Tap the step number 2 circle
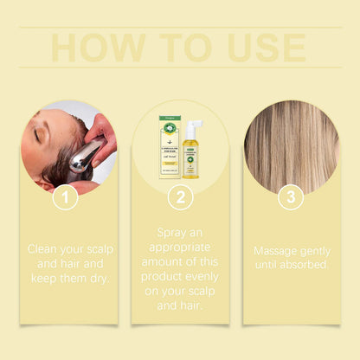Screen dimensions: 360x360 [179, 197]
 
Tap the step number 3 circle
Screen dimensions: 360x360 [290, 197]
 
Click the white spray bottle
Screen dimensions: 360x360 [190, 149]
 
